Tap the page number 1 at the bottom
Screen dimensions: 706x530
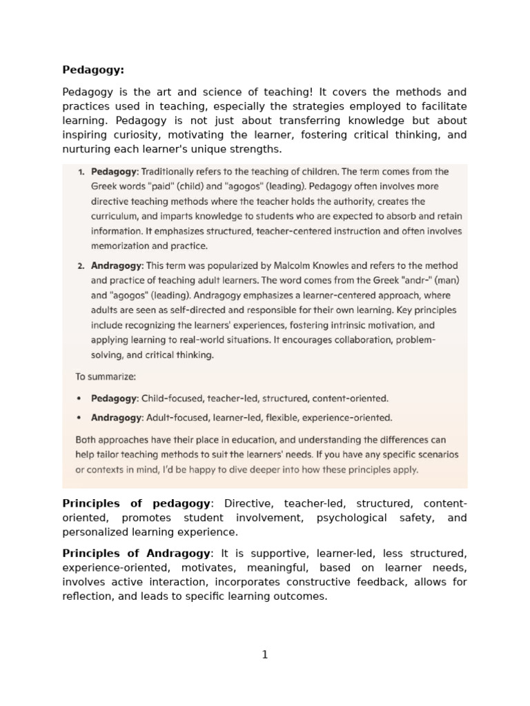point(265,655)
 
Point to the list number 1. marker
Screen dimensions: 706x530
point(81,172)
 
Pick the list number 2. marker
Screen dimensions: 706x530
point(81,265)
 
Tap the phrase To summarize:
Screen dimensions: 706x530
point(106,376)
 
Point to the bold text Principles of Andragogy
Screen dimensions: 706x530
point(136,553)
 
